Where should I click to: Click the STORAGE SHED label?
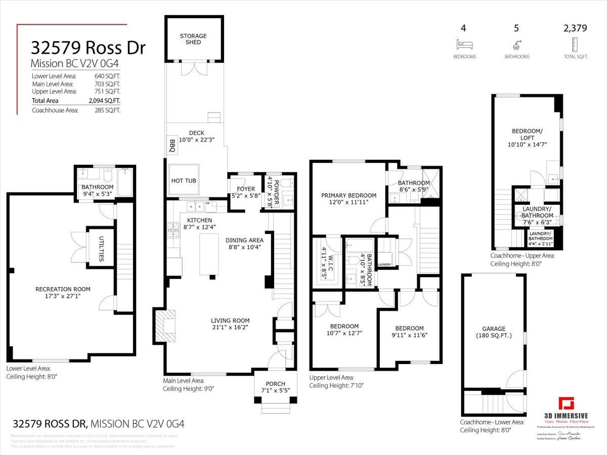tap(193, 39)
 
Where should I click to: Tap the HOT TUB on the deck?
tap(184, 180)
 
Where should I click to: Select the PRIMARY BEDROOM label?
tap(349, 196)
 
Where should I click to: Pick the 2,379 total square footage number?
tap(575, 28)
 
